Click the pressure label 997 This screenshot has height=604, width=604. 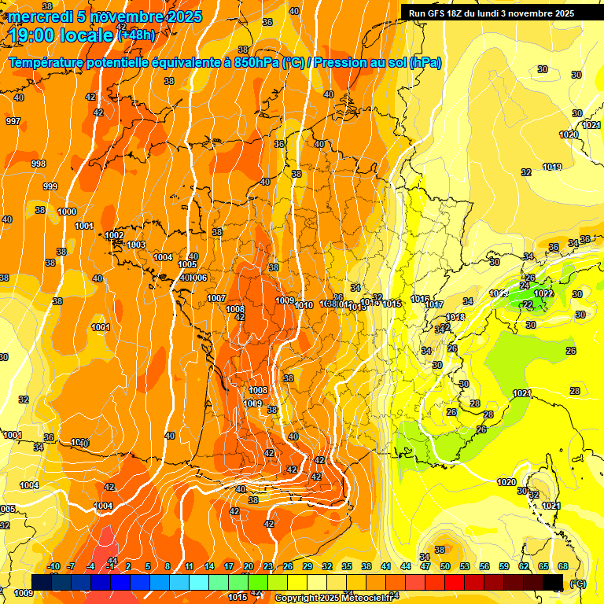13,120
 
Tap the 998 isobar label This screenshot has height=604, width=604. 38,163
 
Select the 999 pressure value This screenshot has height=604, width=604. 50,186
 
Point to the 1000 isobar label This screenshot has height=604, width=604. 67,212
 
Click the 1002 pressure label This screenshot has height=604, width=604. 114,235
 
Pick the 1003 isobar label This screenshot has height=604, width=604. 136,245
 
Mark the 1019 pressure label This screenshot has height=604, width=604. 552,167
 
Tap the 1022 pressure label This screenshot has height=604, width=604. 543,293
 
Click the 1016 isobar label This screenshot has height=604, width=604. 420,300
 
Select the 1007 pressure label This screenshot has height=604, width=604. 216,298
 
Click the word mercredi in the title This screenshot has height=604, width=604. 39,17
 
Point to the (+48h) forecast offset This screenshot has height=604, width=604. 135,35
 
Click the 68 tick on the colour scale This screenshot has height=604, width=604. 563,566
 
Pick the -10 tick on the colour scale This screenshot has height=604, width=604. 53,566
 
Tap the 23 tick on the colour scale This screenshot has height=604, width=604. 267,566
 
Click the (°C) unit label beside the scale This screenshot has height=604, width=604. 578,584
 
